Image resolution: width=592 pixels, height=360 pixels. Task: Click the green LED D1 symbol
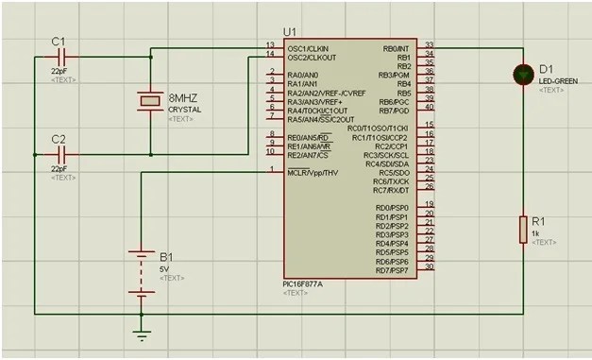tap(521, 74)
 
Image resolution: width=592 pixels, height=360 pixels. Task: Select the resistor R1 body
tap(521, 230)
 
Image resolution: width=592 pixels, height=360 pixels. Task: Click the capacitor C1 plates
tap(64, 58)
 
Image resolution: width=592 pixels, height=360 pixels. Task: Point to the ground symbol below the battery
tap(142, 333)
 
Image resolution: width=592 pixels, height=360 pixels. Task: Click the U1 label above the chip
tap(290, 32)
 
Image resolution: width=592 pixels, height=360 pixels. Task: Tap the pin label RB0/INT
tap(393, 48)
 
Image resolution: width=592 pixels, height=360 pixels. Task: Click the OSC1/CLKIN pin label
tap(309, 48)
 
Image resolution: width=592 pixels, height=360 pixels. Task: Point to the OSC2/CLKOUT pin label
tap(311, 57)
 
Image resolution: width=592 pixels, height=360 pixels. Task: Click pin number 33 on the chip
tap(429, 44)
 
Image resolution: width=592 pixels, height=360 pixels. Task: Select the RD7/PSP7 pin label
tap(392, 270)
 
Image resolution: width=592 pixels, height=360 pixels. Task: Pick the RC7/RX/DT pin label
tap(391, 190)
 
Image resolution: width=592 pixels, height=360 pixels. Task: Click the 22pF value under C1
tap(59, 71)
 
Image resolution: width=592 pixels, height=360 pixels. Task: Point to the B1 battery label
tap(166, 257)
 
